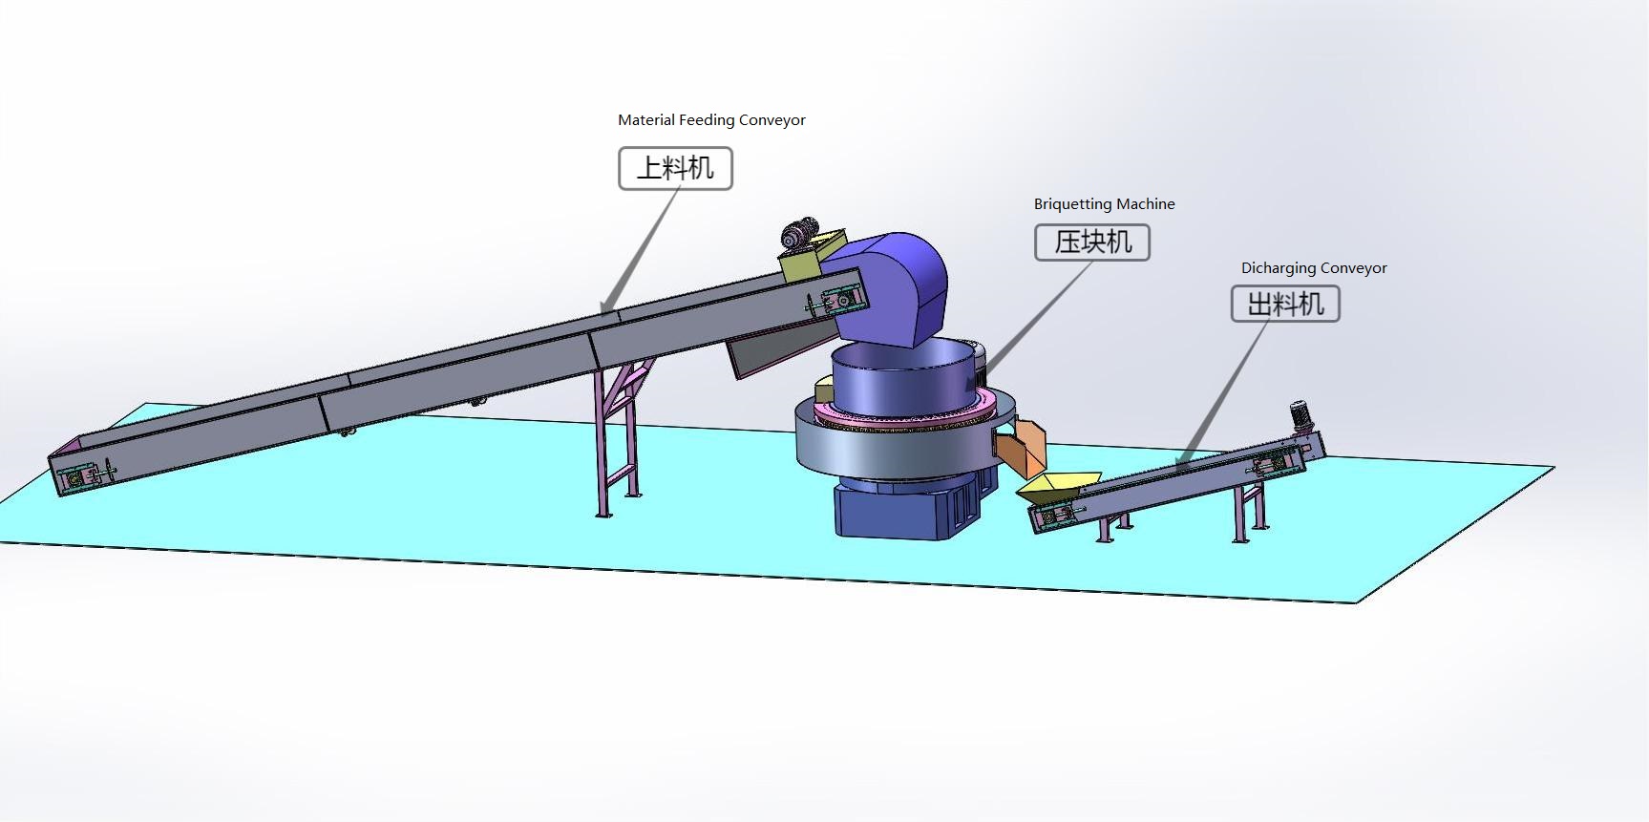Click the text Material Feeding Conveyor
pyautogui.click(x=711, y=120)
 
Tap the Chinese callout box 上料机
pyautogui.click(x=675, y=169)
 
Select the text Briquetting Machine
pyautogui.click(x=1104, y=204)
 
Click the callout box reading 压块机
pyautogui.click(x=1092, y=242)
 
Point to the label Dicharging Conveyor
pyautogui.click(x=1313, y=268)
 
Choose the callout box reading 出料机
pyautogui.click(x=1285, y=305)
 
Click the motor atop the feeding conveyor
pyautogui.click(x=800, y=234)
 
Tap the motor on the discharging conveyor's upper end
pyautogui.click(x=1300, y=417)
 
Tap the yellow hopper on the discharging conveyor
pyautogui.click(x=1055, y=486)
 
